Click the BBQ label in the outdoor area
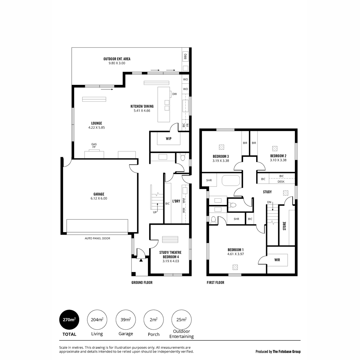(185, 56)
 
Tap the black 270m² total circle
(69, 319)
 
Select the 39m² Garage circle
(125, 319)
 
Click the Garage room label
(99, 194)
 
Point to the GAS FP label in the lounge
(94, 145)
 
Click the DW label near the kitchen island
(175, 94)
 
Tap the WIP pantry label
(169, 138)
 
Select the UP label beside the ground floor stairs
(155, 212)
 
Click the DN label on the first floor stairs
(269, 202)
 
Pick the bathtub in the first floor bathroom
(231, 180)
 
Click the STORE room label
(284, 226)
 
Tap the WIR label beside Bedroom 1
(277, 260)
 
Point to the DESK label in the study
(281, 181)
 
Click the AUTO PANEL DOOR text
(97, 238)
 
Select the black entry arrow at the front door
(141, 260)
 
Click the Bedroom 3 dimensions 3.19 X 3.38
(220, 160)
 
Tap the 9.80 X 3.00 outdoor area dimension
(117, 63)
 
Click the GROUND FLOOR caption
(142, 283)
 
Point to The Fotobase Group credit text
(286, 352)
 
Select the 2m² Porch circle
(154, 319)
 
